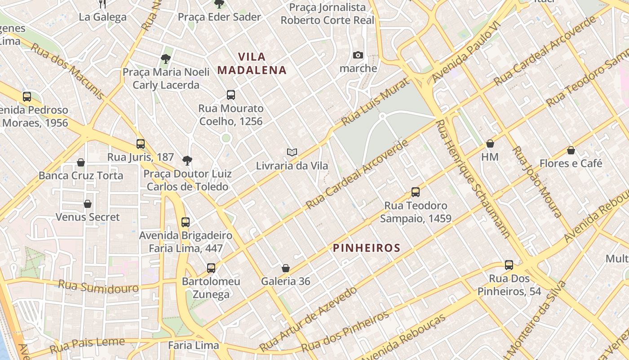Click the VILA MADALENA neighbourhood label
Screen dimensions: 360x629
coord(252,63)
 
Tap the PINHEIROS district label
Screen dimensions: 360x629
coord(366,248)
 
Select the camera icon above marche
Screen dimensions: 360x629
coord(358,55)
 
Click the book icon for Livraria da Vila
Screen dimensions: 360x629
coord(292,153)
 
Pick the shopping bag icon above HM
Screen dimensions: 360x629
coord(490,144)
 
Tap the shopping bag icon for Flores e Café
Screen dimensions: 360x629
coord(571,150)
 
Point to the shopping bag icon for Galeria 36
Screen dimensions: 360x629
coord(285,269)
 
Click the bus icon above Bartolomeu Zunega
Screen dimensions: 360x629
coord(211,268)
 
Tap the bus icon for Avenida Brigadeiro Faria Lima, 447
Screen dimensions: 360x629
coord(186,222)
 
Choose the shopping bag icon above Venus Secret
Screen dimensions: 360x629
coord(88,204)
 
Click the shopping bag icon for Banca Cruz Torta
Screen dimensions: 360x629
coord(81,162)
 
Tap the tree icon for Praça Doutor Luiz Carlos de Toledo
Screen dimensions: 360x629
coord(187,161)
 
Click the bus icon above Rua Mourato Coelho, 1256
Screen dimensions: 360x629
coord(231,95)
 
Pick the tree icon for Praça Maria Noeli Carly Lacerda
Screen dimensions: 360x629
coord(166,59)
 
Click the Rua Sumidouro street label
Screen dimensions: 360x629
coord(98,286)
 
